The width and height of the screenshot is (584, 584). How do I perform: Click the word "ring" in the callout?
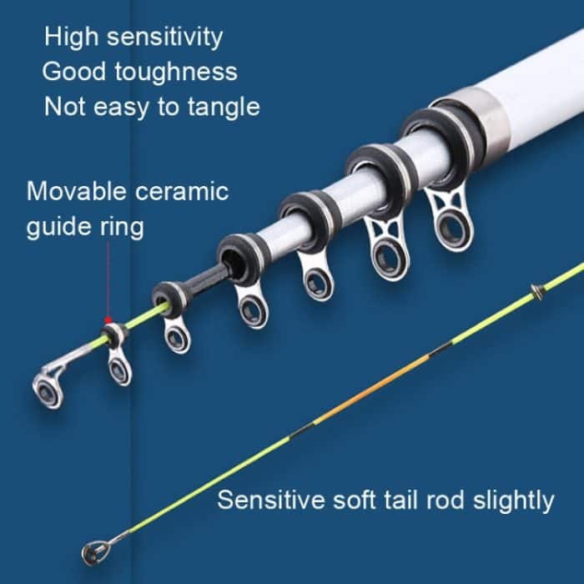pos(121,227)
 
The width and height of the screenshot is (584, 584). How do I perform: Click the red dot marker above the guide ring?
pos(107,320)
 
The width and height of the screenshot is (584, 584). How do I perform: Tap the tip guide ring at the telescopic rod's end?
pos(48,389)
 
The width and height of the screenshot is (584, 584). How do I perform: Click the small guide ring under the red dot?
pos(119,367)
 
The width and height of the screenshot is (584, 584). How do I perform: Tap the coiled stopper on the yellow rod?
pos(539,292)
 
